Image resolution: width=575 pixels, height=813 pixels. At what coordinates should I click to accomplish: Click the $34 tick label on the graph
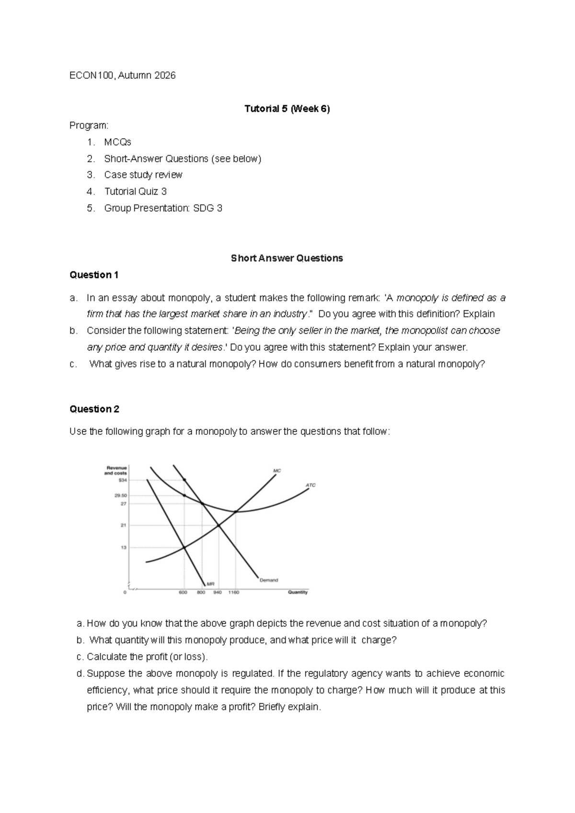pos(123,480)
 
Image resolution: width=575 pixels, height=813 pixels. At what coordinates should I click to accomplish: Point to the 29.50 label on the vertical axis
pos(121,496)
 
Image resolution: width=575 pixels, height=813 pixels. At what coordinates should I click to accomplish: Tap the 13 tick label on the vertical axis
pos(124,547)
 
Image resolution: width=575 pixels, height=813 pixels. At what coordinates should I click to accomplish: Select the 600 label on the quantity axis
pos(183,592)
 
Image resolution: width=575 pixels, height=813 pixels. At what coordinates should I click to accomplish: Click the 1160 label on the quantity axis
pos(233,592)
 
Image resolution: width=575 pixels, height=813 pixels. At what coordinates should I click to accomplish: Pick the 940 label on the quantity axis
pos(218,592)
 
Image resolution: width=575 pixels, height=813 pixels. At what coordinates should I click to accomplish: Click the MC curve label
pos(276,471)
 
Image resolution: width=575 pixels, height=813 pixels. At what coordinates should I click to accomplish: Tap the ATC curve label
pos(310,485)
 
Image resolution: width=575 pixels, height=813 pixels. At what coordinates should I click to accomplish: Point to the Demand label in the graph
pos(268,580)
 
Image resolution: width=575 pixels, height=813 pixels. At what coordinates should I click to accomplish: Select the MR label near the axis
pos(210,584)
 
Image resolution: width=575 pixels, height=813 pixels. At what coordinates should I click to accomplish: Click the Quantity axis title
pos(298,592)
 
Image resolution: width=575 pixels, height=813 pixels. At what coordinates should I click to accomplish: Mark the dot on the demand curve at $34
pos(184,480)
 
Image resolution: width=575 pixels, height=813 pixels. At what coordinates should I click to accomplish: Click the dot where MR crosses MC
pos(184,547)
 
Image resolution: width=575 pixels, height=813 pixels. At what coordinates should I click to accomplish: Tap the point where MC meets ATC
pos(235,511)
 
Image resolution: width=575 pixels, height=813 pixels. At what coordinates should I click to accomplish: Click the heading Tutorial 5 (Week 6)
pos(287,109)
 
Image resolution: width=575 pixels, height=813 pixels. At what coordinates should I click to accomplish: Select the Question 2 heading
pos(94,409)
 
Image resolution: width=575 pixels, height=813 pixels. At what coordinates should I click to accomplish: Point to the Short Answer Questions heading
pos(287,258)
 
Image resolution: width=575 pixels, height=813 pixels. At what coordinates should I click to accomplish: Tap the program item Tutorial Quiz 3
pos(136,191)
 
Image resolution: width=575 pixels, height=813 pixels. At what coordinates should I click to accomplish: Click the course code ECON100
pos(92,75)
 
